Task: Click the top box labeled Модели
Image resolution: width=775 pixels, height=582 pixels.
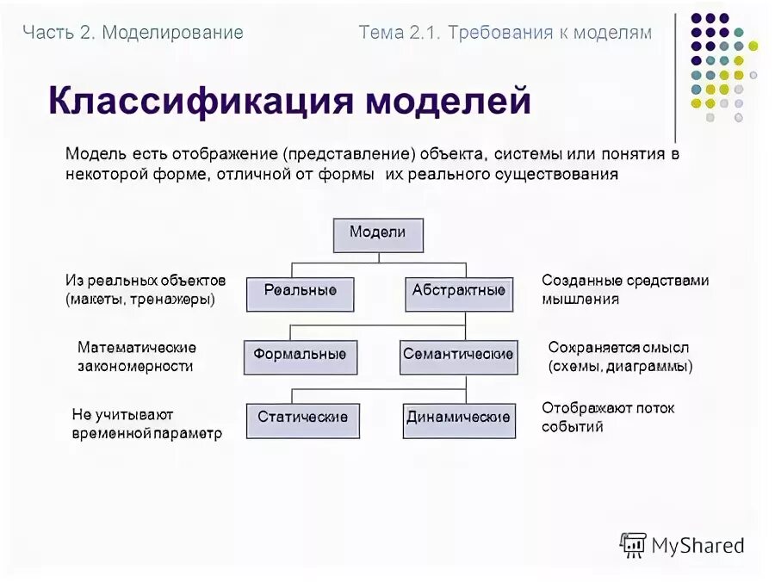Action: (377, 234)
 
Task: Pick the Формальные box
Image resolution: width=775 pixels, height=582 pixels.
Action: (300, 356)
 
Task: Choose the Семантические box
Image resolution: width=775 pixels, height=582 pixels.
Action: (458, 356)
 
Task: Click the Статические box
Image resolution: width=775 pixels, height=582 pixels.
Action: (302, 419)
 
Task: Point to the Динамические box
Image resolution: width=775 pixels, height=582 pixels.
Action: (458, 419)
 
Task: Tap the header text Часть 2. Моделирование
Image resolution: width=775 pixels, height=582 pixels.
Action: (133, 33)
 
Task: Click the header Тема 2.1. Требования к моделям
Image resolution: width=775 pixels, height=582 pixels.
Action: (505, 33)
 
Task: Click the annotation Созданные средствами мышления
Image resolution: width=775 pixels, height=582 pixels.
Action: (625, 290)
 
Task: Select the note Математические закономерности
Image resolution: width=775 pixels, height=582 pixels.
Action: (136, 356)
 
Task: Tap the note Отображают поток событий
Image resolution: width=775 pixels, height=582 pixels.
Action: (608, 417)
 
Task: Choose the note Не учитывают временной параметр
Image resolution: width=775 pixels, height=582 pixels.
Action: (146, 424)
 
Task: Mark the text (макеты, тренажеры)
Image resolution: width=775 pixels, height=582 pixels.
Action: (139, 300)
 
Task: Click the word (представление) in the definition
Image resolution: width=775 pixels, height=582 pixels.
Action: (348, 155)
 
